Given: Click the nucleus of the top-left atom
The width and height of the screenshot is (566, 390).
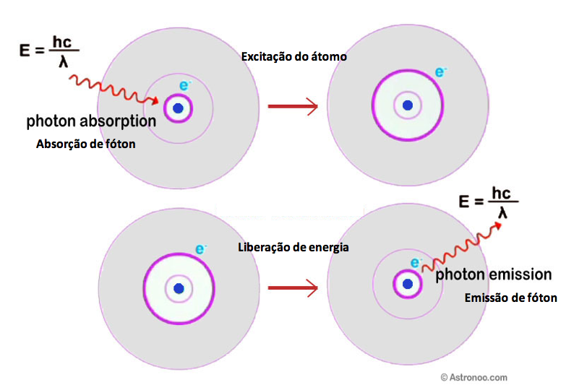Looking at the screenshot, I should [178, 109].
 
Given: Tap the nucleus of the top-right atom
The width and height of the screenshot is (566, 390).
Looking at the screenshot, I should [408, 105].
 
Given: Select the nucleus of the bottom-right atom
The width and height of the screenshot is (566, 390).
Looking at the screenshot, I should [408, 284].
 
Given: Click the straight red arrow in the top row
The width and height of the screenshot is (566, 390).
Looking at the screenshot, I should [293, 107].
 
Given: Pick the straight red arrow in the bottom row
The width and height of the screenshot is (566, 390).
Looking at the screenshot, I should [293, 288].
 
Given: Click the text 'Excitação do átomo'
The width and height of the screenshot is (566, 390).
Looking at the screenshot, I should [294, 56].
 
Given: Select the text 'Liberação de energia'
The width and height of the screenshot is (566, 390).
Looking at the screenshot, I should [293, 247].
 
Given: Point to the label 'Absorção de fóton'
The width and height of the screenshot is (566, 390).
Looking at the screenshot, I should [86, 144].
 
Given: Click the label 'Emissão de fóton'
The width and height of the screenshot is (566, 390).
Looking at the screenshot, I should [510, 297].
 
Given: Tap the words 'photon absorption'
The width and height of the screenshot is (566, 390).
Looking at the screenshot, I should [91, 121].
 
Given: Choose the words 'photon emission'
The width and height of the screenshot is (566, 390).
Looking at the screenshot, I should [494, 275].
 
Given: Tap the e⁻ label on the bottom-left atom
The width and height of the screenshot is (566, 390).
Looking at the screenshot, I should [201, 250].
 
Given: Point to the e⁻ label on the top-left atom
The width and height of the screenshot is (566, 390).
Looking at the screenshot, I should [184, 86].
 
